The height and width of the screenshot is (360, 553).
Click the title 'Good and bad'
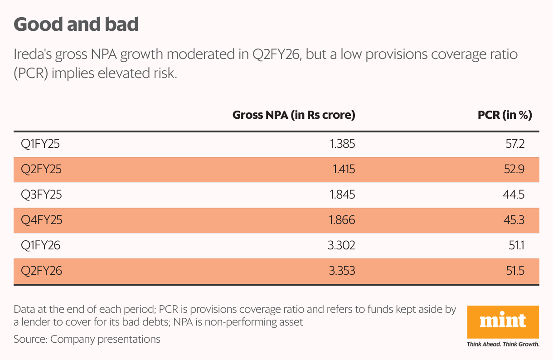(76, 24)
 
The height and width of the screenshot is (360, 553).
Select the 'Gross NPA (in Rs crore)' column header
(293, 115)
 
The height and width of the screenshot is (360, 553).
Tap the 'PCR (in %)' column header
(504, 115)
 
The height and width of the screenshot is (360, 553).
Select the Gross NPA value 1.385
(342, 144)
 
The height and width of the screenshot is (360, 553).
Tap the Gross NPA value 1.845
(342, 195)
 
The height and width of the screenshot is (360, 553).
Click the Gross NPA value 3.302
(341, 246)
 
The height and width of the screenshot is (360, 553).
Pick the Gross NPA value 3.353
(341, 271)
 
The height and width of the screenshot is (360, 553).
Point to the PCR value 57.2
(515, 144)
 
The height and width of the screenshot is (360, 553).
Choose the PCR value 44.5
(514, 195)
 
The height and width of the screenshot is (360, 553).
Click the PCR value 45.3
(514, 220)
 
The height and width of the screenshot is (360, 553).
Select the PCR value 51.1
(516, 246)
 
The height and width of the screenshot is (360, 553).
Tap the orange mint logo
(503, 321)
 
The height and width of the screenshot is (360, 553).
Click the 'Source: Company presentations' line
(87, 339)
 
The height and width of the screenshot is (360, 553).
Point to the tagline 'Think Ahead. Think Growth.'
(503, 344)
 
